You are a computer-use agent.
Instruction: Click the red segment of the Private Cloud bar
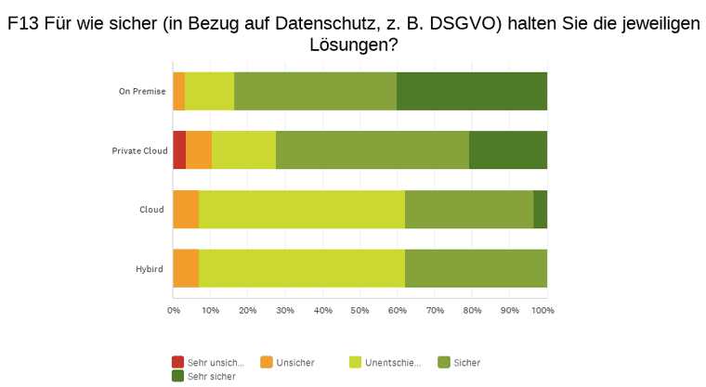pyautogui.click(x=179, y=149)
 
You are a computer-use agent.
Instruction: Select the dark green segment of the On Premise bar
pyautogui.click(x=471, y=91)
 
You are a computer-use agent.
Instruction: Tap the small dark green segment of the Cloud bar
pyautogui.click(x=540, y=209)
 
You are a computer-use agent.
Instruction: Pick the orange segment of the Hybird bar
pyautogui.click(x=186, y=268)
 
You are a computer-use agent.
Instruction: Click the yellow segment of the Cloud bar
pyautogui.click(x=301, y=209)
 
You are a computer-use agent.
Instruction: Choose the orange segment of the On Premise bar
pyautogui.click(x=178, y=91)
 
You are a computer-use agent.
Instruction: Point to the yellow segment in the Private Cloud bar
pyautogui.click(x=243, y=149)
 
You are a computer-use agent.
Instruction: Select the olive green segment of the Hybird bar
pyautogui.click(x=476, y=268)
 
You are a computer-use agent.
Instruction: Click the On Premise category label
pyautogui.click(x=141, y=91)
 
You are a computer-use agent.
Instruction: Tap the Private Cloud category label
pyautogui.click(x=138, y=150)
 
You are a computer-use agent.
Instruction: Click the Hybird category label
pyautogui.click(x=149, y=269)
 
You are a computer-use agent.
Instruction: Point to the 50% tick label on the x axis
pyautogui.click(x=360, y=310)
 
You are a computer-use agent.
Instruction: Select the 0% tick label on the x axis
pyautogui.click(x=173, y=310)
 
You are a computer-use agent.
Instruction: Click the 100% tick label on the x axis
pyautogui.click(x=543, y=310)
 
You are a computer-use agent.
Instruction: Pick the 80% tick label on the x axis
pyautogui.click(x=472, y=310)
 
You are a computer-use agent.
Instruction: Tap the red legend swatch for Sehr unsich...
pyautogui.click(x=177, y=362)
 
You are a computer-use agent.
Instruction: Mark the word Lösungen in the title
pyautogui.click(x=352, y=45)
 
